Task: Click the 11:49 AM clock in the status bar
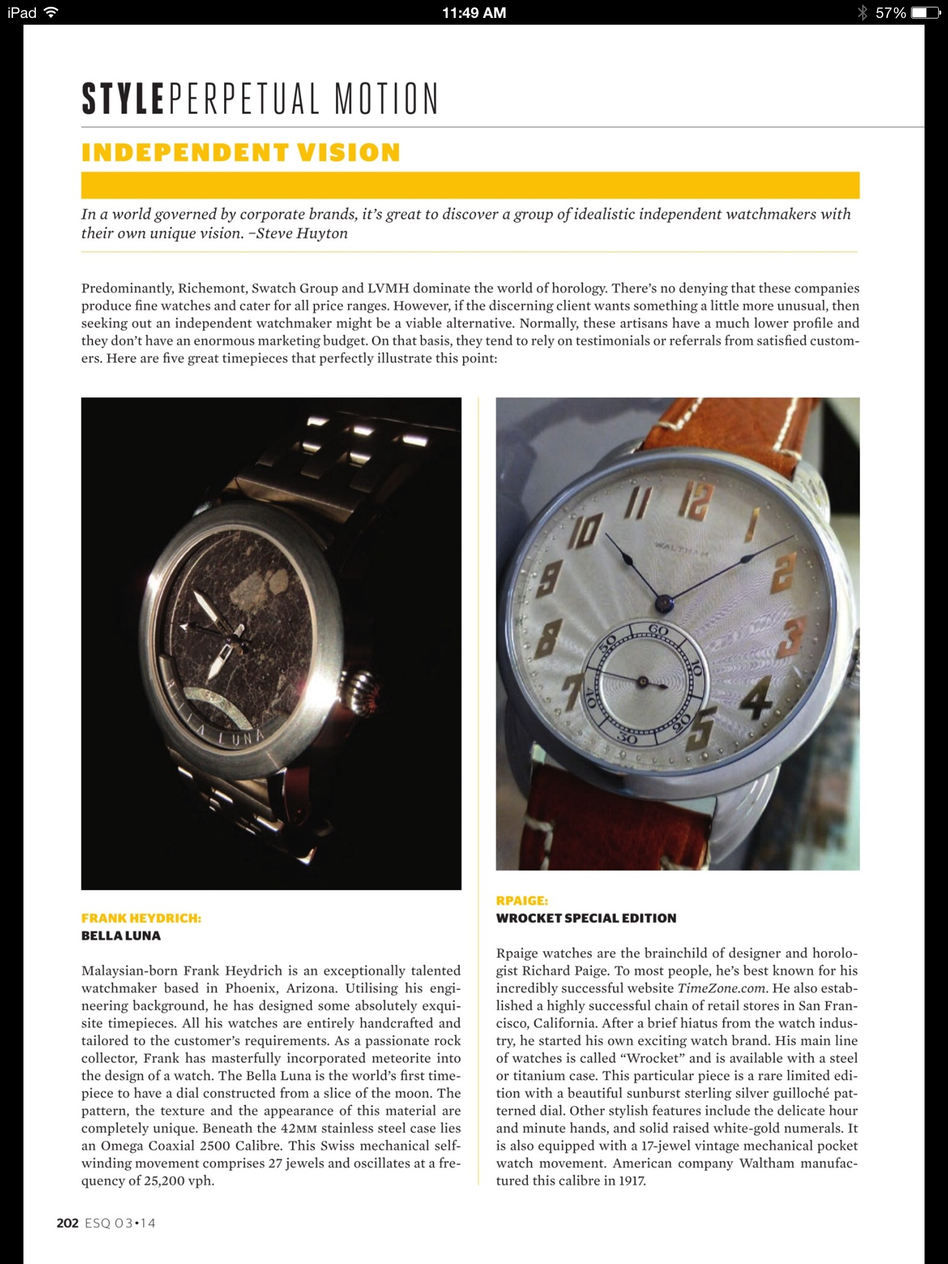(x=474, y=12)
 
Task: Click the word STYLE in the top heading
(x=123, y=99)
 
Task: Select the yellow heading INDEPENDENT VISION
(x=241, y=152)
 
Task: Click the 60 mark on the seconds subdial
(x=659, y=630)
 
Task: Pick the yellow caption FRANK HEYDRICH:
(x=141, y=918)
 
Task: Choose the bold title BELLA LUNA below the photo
(x=121, y=936)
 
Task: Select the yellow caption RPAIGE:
(x=522, y=900)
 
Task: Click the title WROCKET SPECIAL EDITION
(x=586, y=918)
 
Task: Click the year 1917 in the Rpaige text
(x=631, y=1181)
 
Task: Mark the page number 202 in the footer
(x=67, y=1223)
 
